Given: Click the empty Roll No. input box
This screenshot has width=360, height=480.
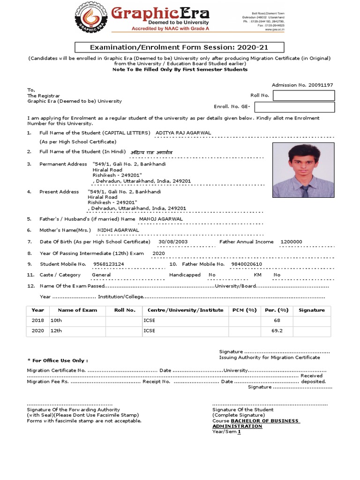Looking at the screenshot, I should [x=304, y=96].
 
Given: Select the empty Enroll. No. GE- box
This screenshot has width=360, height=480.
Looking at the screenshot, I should [x=304, y=107].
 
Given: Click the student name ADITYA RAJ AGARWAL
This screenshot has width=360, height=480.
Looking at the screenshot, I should [x=183, y=133].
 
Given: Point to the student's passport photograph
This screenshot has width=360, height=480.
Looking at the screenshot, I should [x=303, y=170].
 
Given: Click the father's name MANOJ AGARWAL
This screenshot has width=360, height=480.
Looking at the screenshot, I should [x=161, y=219].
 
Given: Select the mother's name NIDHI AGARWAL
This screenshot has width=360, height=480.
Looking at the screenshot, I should [x=118, y=230].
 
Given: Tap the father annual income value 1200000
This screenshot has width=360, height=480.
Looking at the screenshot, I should [x=291, y=241].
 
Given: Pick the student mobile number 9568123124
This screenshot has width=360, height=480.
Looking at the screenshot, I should [x=109, y=264].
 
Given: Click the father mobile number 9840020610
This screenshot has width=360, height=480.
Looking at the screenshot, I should [x=247, y=264].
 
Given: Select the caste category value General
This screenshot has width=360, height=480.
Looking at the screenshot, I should [x=101, y=275].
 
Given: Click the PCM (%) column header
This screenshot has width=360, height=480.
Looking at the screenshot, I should [x=245, y=310].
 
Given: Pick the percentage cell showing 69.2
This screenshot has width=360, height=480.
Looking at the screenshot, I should [x=277, y=330].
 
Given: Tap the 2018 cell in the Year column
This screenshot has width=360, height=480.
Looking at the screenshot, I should [x=37, y=321].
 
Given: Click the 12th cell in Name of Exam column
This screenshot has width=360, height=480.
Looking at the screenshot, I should [x=56, y=330].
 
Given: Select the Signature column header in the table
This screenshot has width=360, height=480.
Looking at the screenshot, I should [x=311, y=310].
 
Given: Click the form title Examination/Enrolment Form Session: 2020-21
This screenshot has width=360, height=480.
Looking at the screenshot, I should [x=173, y=47].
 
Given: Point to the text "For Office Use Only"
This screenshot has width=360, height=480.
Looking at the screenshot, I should [x=59, y=360].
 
